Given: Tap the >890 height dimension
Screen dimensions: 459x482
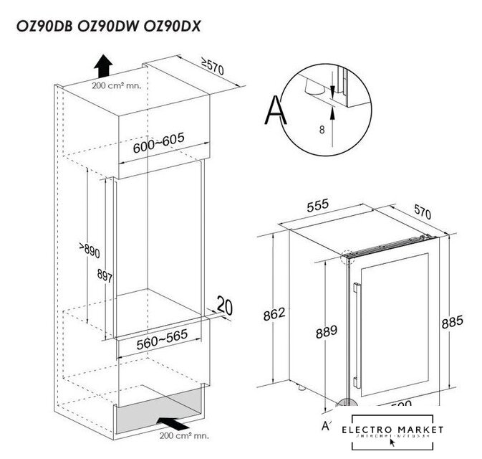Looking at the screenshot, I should coord(89,252).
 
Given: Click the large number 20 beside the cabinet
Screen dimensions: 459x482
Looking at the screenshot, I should coord(225,307).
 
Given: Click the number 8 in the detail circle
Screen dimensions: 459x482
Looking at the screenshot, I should coord(322,131).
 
